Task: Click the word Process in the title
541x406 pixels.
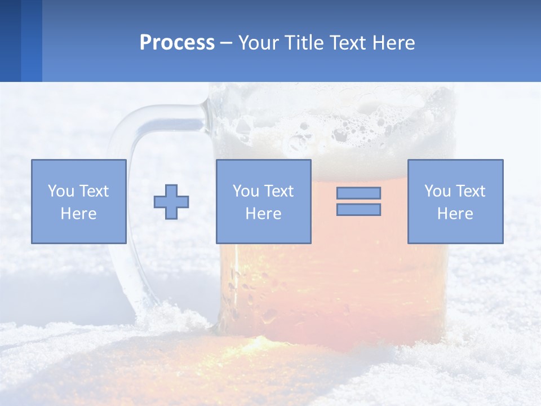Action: point(177,43)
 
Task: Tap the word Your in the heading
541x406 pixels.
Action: point(257,43)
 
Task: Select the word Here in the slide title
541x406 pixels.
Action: point(393,43)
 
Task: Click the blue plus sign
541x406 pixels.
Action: point(171,202)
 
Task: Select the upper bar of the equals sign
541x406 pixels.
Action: point(358,193)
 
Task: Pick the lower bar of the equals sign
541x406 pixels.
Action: point(358,209)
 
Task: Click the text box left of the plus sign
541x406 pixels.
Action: point(78,201)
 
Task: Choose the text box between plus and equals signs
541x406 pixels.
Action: point(263,201)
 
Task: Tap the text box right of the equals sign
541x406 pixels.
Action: point(455,201)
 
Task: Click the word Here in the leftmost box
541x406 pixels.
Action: point(78,214)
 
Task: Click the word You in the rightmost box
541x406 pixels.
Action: point(438,191)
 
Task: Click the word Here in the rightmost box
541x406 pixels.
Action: point(455,214)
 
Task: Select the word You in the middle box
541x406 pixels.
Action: point(246,191)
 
